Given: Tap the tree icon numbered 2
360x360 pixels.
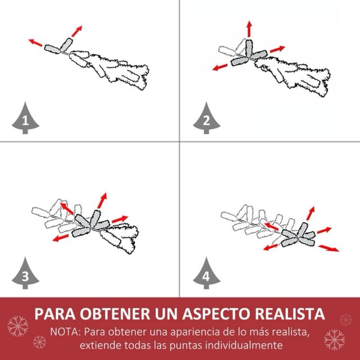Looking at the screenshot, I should [x=205, y=119].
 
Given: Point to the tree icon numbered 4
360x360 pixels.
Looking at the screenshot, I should [x=205, y=274].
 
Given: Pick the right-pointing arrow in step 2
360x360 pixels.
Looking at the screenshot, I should [x=277, y=49].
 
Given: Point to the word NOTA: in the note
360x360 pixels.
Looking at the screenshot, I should [x=65, y=330].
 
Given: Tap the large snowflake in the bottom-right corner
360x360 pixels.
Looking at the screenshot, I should [x=335, y=340].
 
